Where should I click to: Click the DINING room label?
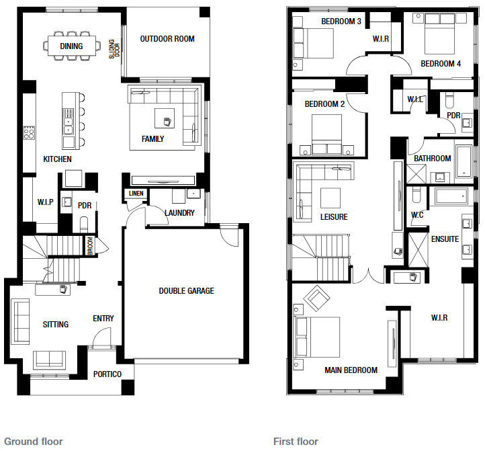71,46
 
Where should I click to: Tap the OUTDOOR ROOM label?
167,39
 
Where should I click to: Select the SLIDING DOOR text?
114,49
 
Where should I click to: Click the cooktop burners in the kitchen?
29,132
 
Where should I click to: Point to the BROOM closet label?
90,246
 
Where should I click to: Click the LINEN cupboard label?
136,194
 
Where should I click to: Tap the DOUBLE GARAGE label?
186,290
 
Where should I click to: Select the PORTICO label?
107,374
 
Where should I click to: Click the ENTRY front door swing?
101,337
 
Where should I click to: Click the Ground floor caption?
34,442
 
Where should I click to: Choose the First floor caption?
296,442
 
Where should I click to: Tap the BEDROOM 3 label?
341,22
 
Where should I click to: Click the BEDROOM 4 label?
441,64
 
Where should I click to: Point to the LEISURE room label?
334,216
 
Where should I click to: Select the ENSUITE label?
445,239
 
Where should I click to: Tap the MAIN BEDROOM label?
351,370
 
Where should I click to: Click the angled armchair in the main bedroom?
316,298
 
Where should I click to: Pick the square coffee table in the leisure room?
330,198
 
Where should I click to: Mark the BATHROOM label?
433,159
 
